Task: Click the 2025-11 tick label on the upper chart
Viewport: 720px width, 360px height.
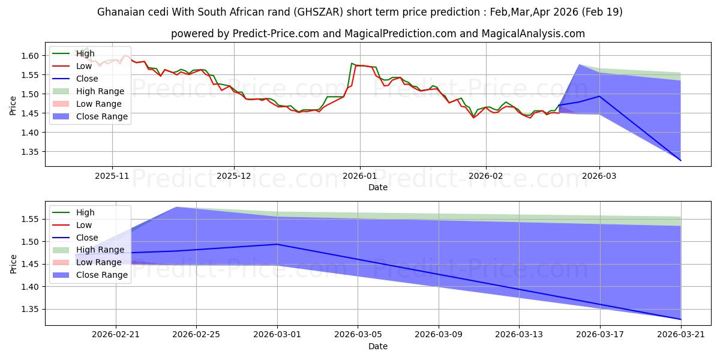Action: (112, 176)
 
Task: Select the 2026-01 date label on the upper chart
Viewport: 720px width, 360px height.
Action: (359, 176)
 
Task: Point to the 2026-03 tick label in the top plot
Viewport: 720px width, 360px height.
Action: (599, 176)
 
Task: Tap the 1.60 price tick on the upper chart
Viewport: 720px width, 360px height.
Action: (30, 56)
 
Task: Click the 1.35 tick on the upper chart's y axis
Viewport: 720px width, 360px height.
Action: (30, 152)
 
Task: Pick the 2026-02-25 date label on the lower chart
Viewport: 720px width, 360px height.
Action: (196, 335)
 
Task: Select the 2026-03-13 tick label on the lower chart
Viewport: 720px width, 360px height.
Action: (519, 335)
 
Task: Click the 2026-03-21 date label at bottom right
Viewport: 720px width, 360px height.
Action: (681, 335)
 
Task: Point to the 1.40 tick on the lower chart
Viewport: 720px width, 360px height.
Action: (30, 287)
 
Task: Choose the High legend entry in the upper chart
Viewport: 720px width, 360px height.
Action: (73, 53)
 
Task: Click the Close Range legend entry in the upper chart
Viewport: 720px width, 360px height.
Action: (90, 116)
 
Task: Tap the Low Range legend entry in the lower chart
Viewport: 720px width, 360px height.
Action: (87, 262)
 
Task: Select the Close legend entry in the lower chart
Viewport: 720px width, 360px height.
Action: (75, 238)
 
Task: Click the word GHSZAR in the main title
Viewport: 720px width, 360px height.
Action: (318, 12)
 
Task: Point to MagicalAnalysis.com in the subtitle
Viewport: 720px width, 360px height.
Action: (533, 34)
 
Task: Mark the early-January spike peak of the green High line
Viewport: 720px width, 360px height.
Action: (352, 63)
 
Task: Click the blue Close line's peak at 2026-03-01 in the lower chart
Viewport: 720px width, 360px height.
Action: (277, 244)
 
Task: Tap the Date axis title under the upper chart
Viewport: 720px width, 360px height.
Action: (377, 187)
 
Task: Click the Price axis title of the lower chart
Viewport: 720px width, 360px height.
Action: (13, 264)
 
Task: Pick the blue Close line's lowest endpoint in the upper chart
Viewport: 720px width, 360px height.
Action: (680, 160)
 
